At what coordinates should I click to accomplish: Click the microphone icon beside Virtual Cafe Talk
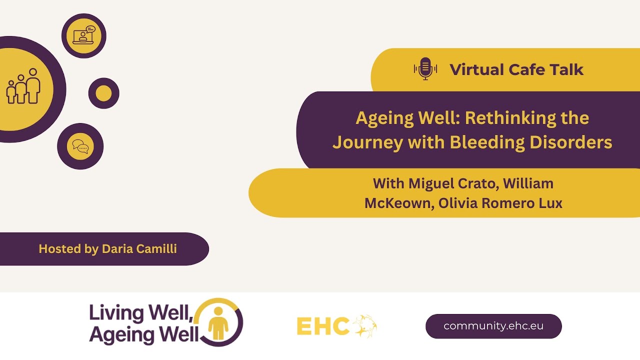(x=425, y=69)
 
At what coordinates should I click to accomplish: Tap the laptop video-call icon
(x=83, y=35)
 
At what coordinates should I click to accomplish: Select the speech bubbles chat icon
(x=80, y=146)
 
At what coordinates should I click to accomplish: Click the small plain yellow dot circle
(x=103, y=93)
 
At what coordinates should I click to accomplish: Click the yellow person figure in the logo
(x=218, y=322)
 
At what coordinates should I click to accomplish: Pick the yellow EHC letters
(x=323, y=326)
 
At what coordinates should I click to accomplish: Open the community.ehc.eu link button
(x=493, y=326)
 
